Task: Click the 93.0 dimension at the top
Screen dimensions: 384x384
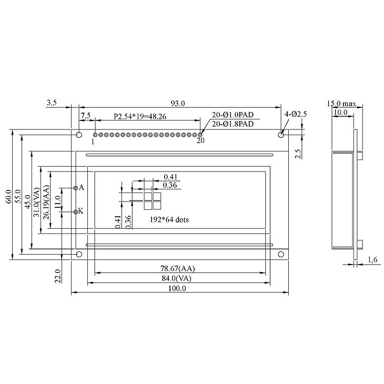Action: (x=179, y=104)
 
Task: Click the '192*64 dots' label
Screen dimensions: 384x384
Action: (x=168, y=220)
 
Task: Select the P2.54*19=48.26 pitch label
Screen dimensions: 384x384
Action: (x=140, y=116)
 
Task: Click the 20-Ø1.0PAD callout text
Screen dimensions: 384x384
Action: (x=233, y=115)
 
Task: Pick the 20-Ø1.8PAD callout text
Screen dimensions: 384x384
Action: (x=233, y=124)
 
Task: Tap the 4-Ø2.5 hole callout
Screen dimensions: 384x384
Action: (x=295, y=114)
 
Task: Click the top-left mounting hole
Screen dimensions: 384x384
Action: (x=79, y=135)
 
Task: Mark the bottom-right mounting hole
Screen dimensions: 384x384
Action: (x=281, y=255)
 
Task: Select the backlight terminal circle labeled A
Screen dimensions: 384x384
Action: (x=76, y=188)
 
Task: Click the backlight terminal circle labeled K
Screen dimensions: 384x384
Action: (x=76, y=211)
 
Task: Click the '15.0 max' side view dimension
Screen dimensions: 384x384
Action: (x=342, y=104)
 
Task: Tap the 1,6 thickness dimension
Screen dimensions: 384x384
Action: (x=372, y=259)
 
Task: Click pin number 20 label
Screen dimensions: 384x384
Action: (x=200, y=141)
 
